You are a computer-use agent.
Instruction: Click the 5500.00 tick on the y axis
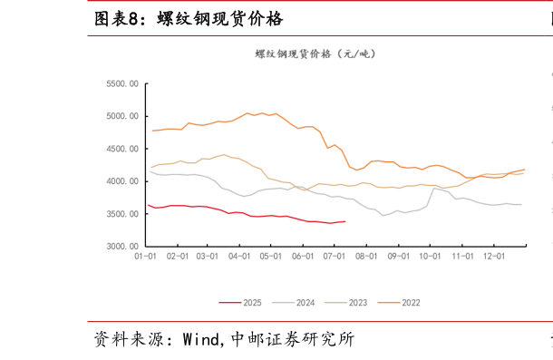click(x=122, y=83)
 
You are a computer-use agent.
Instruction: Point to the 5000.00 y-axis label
click(x=122, y=116)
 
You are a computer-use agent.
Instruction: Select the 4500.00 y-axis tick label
click(x=122, y=149)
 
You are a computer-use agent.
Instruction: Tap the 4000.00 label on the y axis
click(x=122, y=181)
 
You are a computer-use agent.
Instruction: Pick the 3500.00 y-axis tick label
click(x=122, y=214)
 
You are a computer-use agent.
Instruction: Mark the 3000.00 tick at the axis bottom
click(x=122, y=247)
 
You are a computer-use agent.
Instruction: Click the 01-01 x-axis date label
click(x=146, y=258)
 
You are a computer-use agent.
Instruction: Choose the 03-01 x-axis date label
click(x=209, y=258)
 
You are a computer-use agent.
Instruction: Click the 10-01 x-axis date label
click(x=431, y=258)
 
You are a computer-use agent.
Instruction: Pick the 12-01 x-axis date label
click(x=494, y=258)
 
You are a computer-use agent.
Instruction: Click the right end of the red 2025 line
click(x=344, y=221)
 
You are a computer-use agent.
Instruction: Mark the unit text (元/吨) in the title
click(x=354, y=54)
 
